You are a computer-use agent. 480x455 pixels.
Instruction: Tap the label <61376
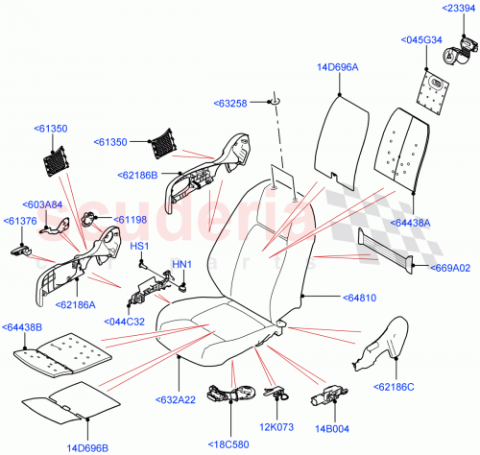[20, 221]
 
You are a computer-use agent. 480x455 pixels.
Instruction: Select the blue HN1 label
[181, 263]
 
